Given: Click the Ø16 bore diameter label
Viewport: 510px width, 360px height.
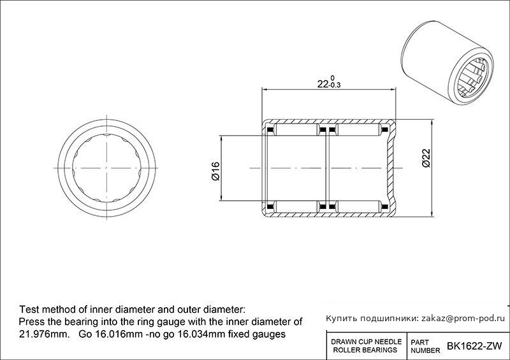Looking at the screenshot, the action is click(x=215, y=171).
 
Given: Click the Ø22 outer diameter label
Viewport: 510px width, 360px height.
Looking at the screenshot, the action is click(x=426, y=158).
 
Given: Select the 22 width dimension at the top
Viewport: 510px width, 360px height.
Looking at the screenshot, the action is click(x=323, y=84).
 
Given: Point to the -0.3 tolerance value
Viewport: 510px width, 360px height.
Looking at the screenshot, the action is click(x=335, y=85).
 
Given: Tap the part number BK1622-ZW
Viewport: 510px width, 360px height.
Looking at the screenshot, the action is click(x=474, y=346).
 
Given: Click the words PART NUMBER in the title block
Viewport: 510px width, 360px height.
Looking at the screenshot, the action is click(x=425, y=347).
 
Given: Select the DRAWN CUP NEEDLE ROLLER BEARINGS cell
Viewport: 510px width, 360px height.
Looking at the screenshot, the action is click(x=366, y=346).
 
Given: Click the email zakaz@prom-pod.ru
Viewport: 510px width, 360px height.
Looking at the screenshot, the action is click(x=463, y=319).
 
